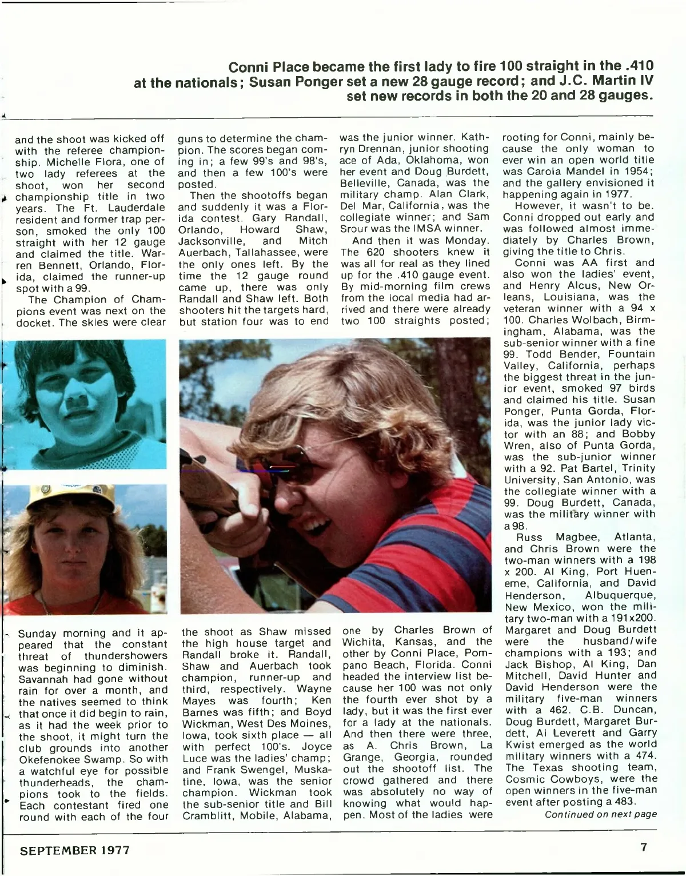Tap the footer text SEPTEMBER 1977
click(x=75, y=850)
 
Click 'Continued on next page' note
click(x=600, y=814)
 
